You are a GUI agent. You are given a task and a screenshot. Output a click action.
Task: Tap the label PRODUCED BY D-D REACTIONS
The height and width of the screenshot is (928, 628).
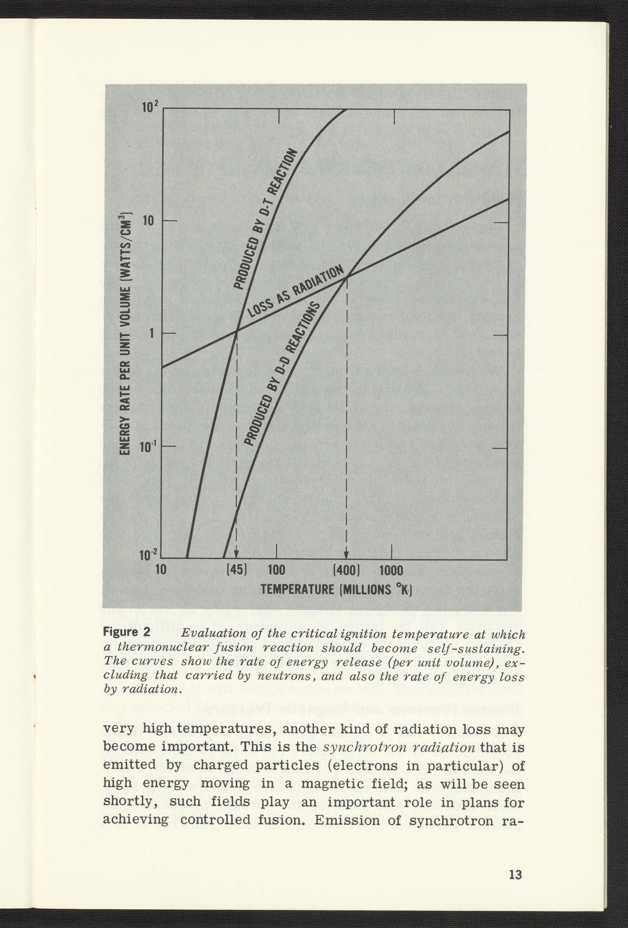coord(282,373)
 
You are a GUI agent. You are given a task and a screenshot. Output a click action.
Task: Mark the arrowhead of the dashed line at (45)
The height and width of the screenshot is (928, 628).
coord(236,555)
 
